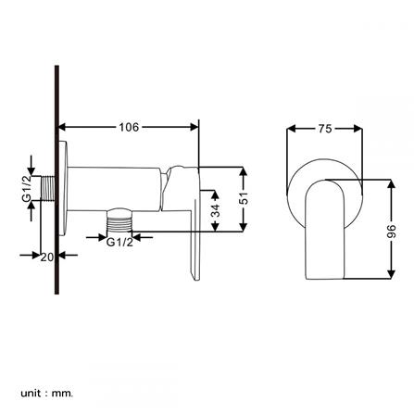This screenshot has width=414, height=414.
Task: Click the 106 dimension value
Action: pos(128,127)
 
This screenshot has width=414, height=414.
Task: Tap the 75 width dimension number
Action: pos(325,129)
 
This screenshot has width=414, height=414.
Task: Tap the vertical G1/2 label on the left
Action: pos(26,189)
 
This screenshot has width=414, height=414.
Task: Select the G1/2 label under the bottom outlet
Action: pos(119,243)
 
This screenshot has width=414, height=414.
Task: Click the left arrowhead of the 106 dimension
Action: pos(63,127)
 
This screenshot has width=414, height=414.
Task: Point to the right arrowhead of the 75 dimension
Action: pos(358,129)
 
